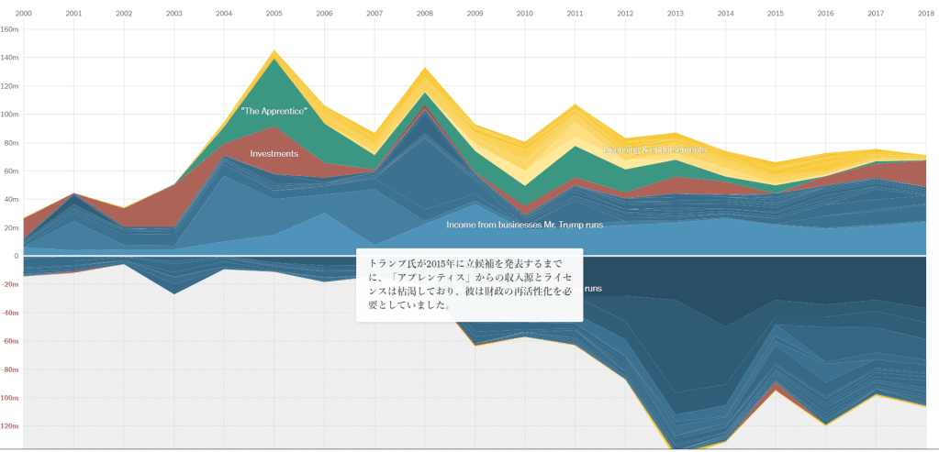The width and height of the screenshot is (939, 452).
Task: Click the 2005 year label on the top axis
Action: (x=274, y=14)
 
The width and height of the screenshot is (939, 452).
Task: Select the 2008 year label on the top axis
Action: (x=425, y=14)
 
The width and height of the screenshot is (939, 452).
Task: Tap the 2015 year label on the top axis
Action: (x=776, y=14)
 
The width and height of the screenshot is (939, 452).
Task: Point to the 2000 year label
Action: (x=24, y=14)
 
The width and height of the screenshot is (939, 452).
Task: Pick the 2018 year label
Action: (x=925, y=14)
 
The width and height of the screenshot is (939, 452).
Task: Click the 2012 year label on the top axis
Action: (x=625, y=14)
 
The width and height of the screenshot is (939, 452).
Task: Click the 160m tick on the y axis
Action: (x=10, y=28)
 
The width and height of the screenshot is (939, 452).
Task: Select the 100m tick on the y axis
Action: (x=10, y=114)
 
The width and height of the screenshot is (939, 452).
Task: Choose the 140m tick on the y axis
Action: (x=10, y=57)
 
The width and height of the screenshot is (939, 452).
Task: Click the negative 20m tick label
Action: (x=10, y=284)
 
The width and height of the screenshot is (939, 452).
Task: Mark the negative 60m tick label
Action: (x=10, y=341)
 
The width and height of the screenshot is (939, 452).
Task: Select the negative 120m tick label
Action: (x=10, y=426)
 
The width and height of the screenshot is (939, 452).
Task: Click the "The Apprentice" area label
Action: (x=274, y=110)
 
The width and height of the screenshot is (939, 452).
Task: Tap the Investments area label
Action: (x=274, y=153)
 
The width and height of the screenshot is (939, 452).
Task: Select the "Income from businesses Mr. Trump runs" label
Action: (x=524, y=225)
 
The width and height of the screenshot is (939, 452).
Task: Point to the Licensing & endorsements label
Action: (x=654, y=149)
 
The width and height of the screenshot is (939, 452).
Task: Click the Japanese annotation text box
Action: (x=469, y=284)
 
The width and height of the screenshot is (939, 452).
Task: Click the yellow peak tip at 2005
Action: (x=274, y=51)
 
